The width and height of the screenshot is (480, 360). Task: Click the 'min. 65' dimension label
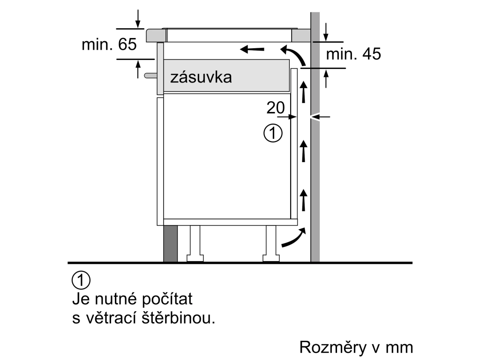(x=109, y=45)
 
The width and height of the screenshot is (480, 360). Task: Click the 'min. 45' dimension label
(x=353, y=54)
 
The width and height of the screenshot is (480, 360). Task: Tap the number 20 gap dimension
(x=276, y=108)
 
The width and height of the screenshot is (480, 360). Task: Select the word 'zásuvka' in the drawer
(x=201, y=77)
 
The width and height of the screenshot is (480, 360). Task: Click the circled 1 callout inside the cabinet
(x=273, y=133)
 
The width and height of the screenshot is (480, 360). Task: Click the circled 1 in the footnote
(x=81, y=280)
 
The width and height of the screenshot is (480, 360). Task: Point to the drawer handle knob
(x=150, y=75)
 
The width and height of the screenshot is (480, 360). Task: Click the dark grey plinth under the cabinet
(x=170, y=244)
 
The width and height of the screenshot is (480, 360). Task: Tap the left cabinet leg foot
(x=195, y=259)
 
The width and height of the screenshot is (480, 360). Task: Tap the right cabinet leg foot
(x=271, y=259)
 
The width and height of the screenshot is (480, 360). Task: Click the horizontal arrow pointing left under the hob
(x=252, y=49)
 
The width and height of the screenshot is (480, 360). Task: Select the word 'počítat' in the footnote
(x=167, y=299)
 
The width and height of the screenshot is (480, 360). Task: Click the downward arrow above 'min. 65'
(x=138, y=19)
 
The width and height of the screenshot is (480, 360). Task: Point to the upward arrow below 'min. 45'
(x=326, y=79)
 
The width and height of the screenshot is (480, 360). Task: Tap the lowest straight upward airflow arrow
(x=303, y=200)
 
